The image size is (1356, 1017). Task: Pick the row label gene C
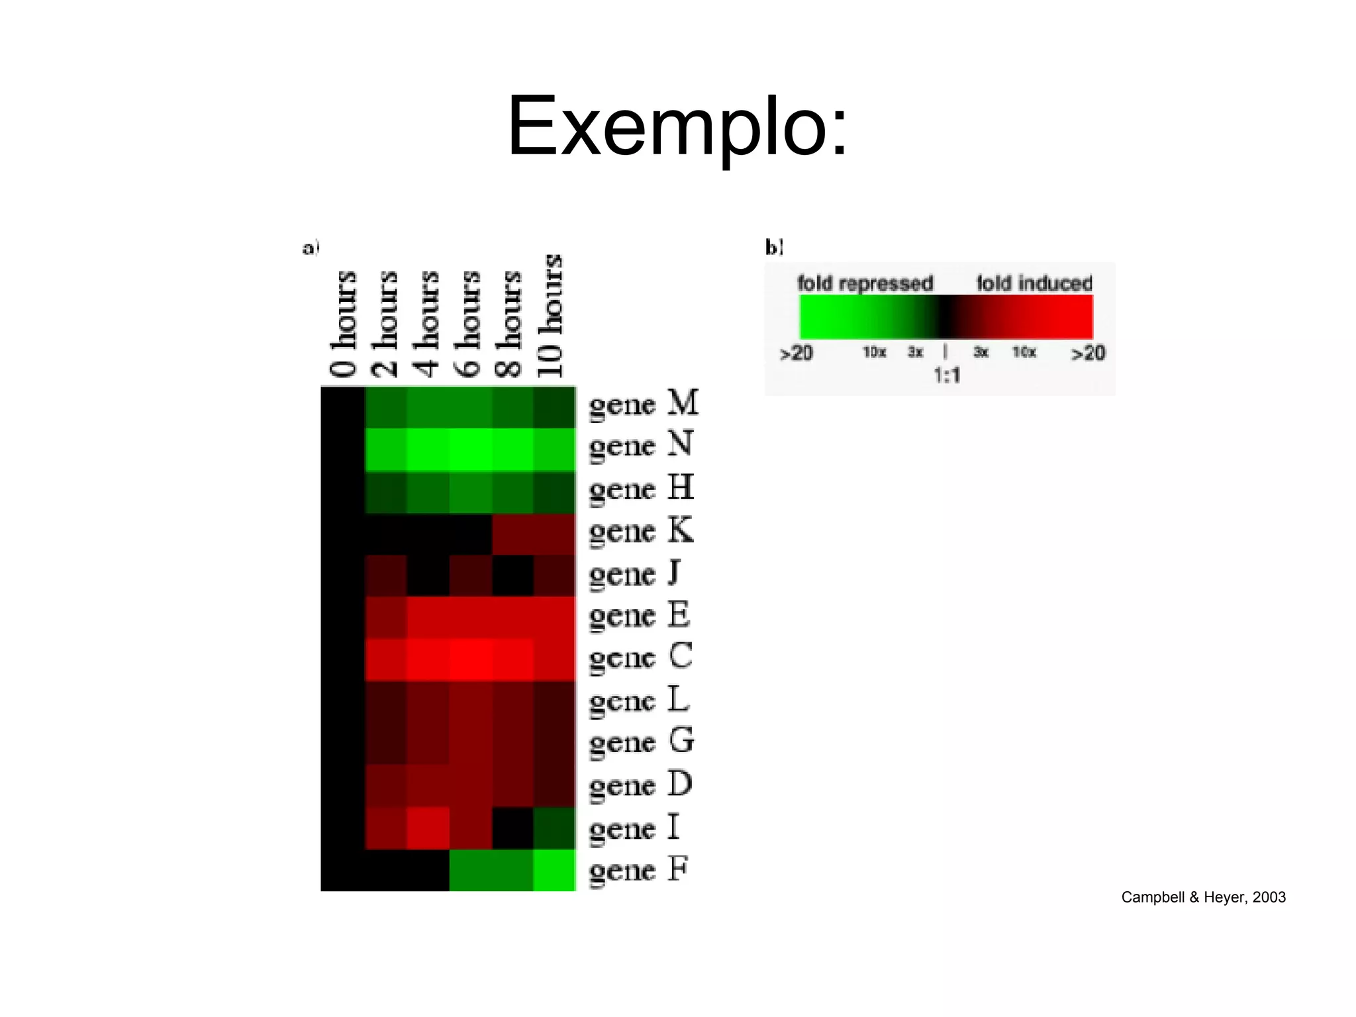coord(640,658)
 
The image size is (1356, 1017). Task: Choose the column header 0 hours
coord(344,324)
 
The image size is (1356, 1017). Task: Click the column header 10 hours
coord(550,316)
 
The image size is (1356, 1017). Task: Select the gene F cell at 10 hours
coord(554,870)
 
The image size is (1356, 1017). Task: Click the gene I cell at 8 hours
coord(512,828)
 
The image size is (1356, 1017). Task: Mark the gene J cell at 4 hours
coord(428,575)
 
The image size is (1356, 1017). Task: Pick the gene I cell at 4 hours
coord(428,828)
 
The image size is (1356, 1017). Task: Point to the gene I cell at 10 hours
coord(554,828)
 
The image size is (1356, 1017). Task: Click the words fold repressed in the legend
coord(865,283)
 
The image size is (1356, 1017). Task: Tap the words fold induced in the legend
coord(1034,283)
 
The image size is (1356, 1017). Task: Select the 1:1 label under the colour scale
coord(947,376)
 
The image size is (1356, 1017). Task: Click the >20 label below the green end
coord(796,353)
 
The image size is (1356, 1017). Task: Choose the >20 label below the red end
coord(1088,353)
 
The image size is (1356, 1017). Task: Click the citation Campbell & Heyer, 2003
coord(1203,897)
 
